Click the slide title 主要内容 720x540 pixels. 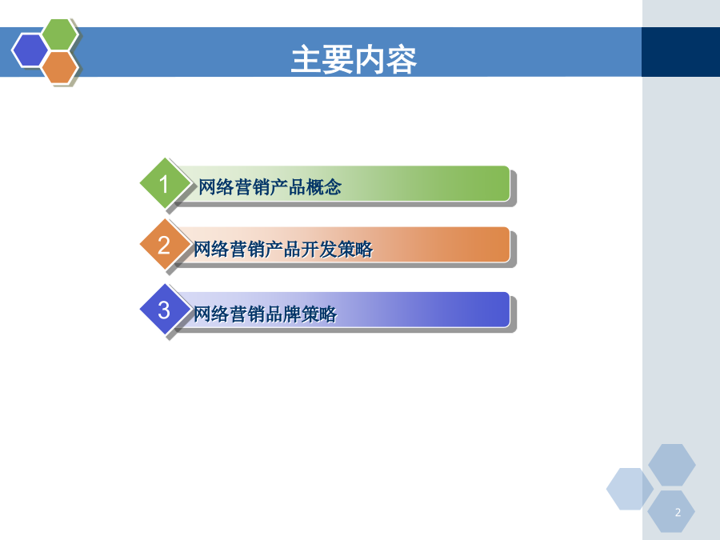tap(354, 60)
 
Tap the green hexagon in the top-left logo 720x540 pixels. tap(59, 34)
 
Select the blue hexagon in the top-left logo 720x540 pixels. tap(30, 50)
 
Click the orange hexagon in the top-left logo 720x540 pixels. tap(59, 67)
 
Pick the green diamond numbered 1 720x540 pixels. tap(164, 183)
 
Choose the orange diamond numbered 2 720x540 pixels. tap(164, 244)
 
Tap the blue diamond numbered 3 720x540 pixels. tap(164, 310)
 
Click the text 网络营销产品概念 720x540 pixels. tap(270, 187)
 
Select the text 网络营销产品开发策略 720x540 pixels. tap(283, 250)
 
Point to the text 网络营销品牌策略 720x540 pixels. tap(265, 314)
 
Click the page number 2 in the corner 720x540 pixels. tap(678, 513)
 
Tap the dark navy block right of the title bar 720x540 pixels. tap(681, 52)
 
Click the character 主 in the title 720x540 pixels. tap(306, 60)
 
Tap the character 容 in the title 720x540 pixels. tap(402, 60)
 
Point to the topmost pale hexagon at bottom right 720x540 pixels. tap(672, 465)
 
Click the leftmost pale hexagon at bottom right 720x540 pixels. tap(630, 489)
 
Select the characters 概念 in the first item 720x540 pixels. tap(324, 187)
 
